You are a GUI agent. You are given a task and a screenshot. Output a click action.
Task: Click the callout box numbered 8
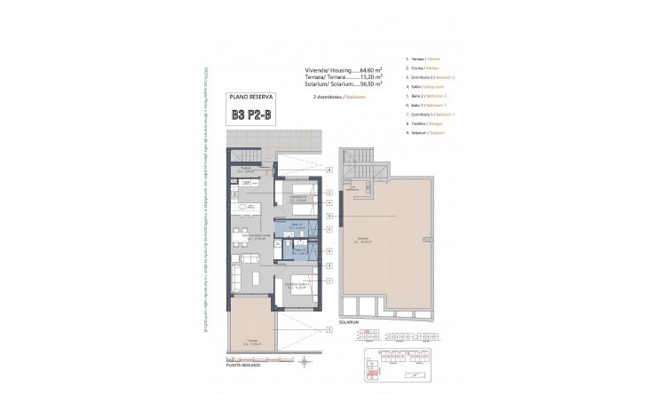tap(328, 194)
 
